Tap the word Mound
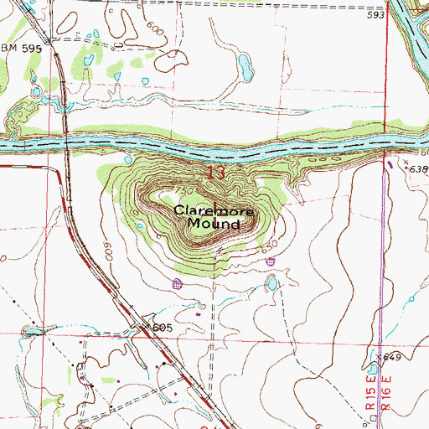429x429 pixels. (x=214, y=225)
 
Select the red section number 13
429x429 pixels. (x=214, y=172)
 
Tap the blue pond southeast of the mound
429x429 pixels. (x=271, y=285)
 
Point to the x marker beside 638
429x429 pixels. (x=406, y=162)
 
